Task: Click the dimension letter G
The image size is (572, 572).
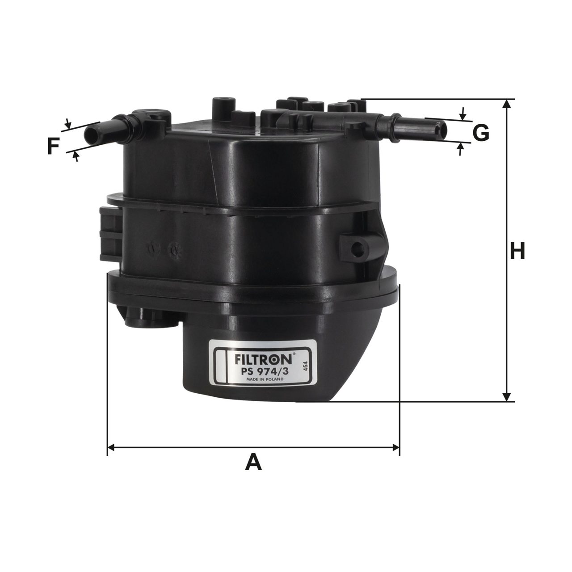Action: tap(480, 133)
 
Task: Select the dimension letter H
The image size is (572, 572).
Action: tap(517, 251)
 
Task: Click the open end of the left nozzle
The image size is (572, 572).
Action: tap(91, 135)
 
